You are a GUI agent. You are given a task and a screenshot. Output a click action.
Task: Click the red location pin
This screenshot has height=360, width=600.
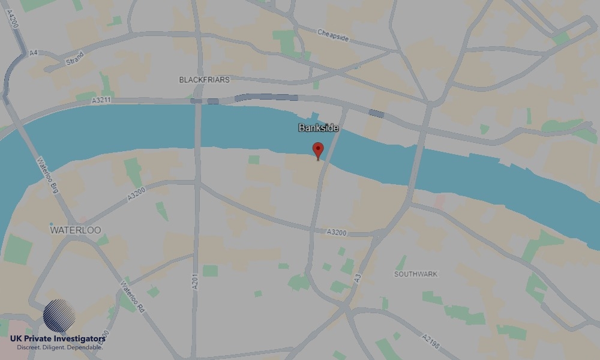tap(318, 150)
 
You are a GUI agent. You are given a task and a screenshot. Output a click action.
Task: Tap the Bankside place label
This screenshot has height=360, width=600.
tap(319, 128)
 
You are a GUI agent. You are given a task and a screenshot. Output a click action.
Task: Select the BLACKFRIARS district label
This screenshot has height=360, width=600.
tap(204, 79)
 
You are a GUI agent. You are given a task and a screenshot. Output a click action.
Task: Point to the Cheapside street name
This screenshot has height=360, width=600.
tap(333, 35)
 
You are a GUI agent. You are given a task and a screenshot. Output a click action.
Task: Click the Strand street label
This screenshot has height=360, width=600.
tap(75, 59)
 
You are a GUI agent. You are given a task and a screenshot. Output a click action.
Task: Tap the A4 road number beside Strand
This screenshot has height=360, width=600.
tap(34, 53)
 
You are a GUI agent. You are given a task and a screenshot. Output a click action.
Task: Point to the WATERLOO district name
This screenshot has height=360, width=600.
tap(76, 230)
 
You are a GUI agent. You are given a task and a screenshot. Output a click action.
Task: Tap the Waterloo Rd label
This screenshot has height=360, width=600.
tap(134, 296)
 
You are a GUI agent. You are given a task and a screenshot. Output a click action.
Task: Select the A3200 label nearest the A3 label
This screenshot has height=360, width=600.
tap(337, 232)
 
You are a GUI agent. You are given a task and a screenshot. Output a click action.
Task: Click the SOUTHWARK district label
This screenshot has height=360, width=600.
tap(416, 274)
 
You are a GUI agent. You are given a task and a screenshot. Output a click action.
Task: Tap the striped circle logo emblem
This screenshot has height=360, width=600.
tap(59, 316)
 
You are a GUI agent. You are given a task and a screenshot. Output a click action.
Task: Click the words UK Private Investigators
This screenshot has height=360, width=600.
tap(58, 339)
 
